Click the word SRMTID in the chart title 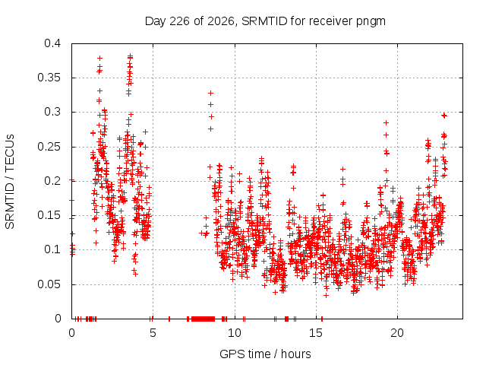tap(264, 21)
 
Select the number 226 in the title tap(180, 21)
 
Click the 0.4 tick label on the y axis tap(52, 43)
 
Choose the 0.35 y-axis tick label tap(49, 78)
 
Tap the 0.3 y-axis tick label tap(52, 112)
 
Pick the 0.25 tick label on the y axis tap(49, 147)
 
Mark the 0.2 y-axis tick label tap(52, 181)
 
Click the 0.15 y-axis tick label tap(49, 215)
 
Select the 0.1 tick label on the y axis tap(52, 249)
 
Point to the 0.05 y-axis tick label tap(49, 284)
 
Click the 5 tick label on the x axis tap(153, 333)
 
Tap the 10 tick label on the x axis tap(235, 333)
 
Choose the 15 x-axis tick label tap(316, 333)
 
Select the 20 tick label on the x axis tap(397, 333)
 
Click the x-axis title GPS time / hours tap(265, 354)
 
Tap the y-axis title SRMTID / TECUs tap(10, 182)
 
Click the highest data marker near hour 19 tap(386, 123)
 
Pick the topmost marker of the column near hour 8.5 tap(211, 93)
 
